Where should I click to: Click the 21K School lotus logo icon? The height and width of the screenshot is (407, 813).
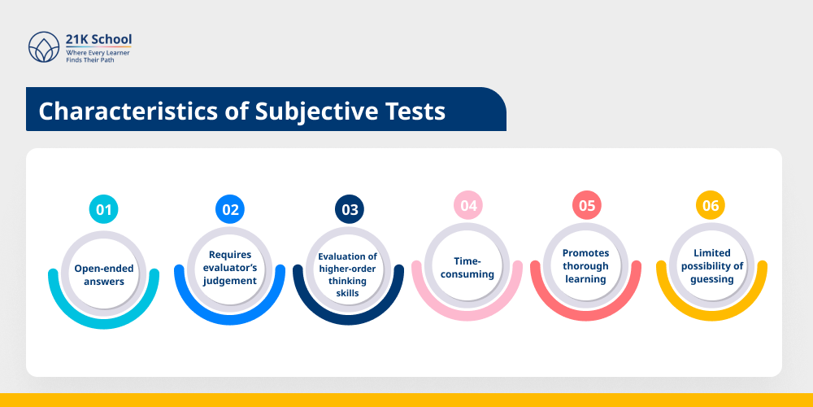(x=44, y=48)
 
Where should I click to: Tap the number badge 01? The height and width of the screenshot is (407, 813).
(x=103, y=209)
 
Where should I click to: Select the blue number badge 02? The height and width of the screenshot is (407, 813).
(x=230, y=209)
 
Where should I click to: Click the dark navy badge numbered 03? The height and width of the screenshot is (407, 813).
(x=350, y=209)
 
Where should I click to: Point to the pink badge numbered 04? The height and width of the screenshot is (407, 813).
(x=468, y=205)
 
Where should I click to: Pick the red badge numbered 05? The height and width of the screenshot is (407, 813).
(x=586, y=205)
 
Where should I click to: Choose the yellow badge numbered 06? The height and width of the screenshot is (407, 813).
(x=711, y=205)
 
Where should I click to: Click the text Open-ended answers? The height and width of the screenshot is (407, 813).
(x=104, y=275)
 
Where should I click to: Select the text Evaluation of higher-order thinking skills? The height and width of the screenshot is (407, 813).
(x=348, y=274)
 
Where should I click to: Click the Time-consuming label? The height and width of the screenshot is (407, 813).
(x=467, y=268)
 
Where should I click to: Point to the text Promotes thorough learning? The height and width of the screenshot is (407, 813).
(x=586, y=266)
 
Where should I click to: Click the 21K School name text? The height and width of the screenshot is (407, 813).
(x=98, y=40)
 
